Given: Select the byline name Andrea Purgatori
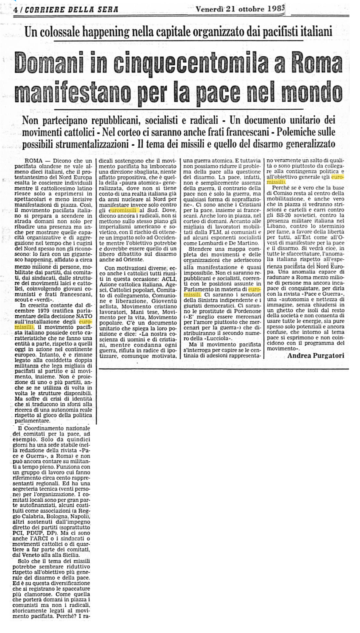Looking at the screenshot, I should [316, 355].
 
